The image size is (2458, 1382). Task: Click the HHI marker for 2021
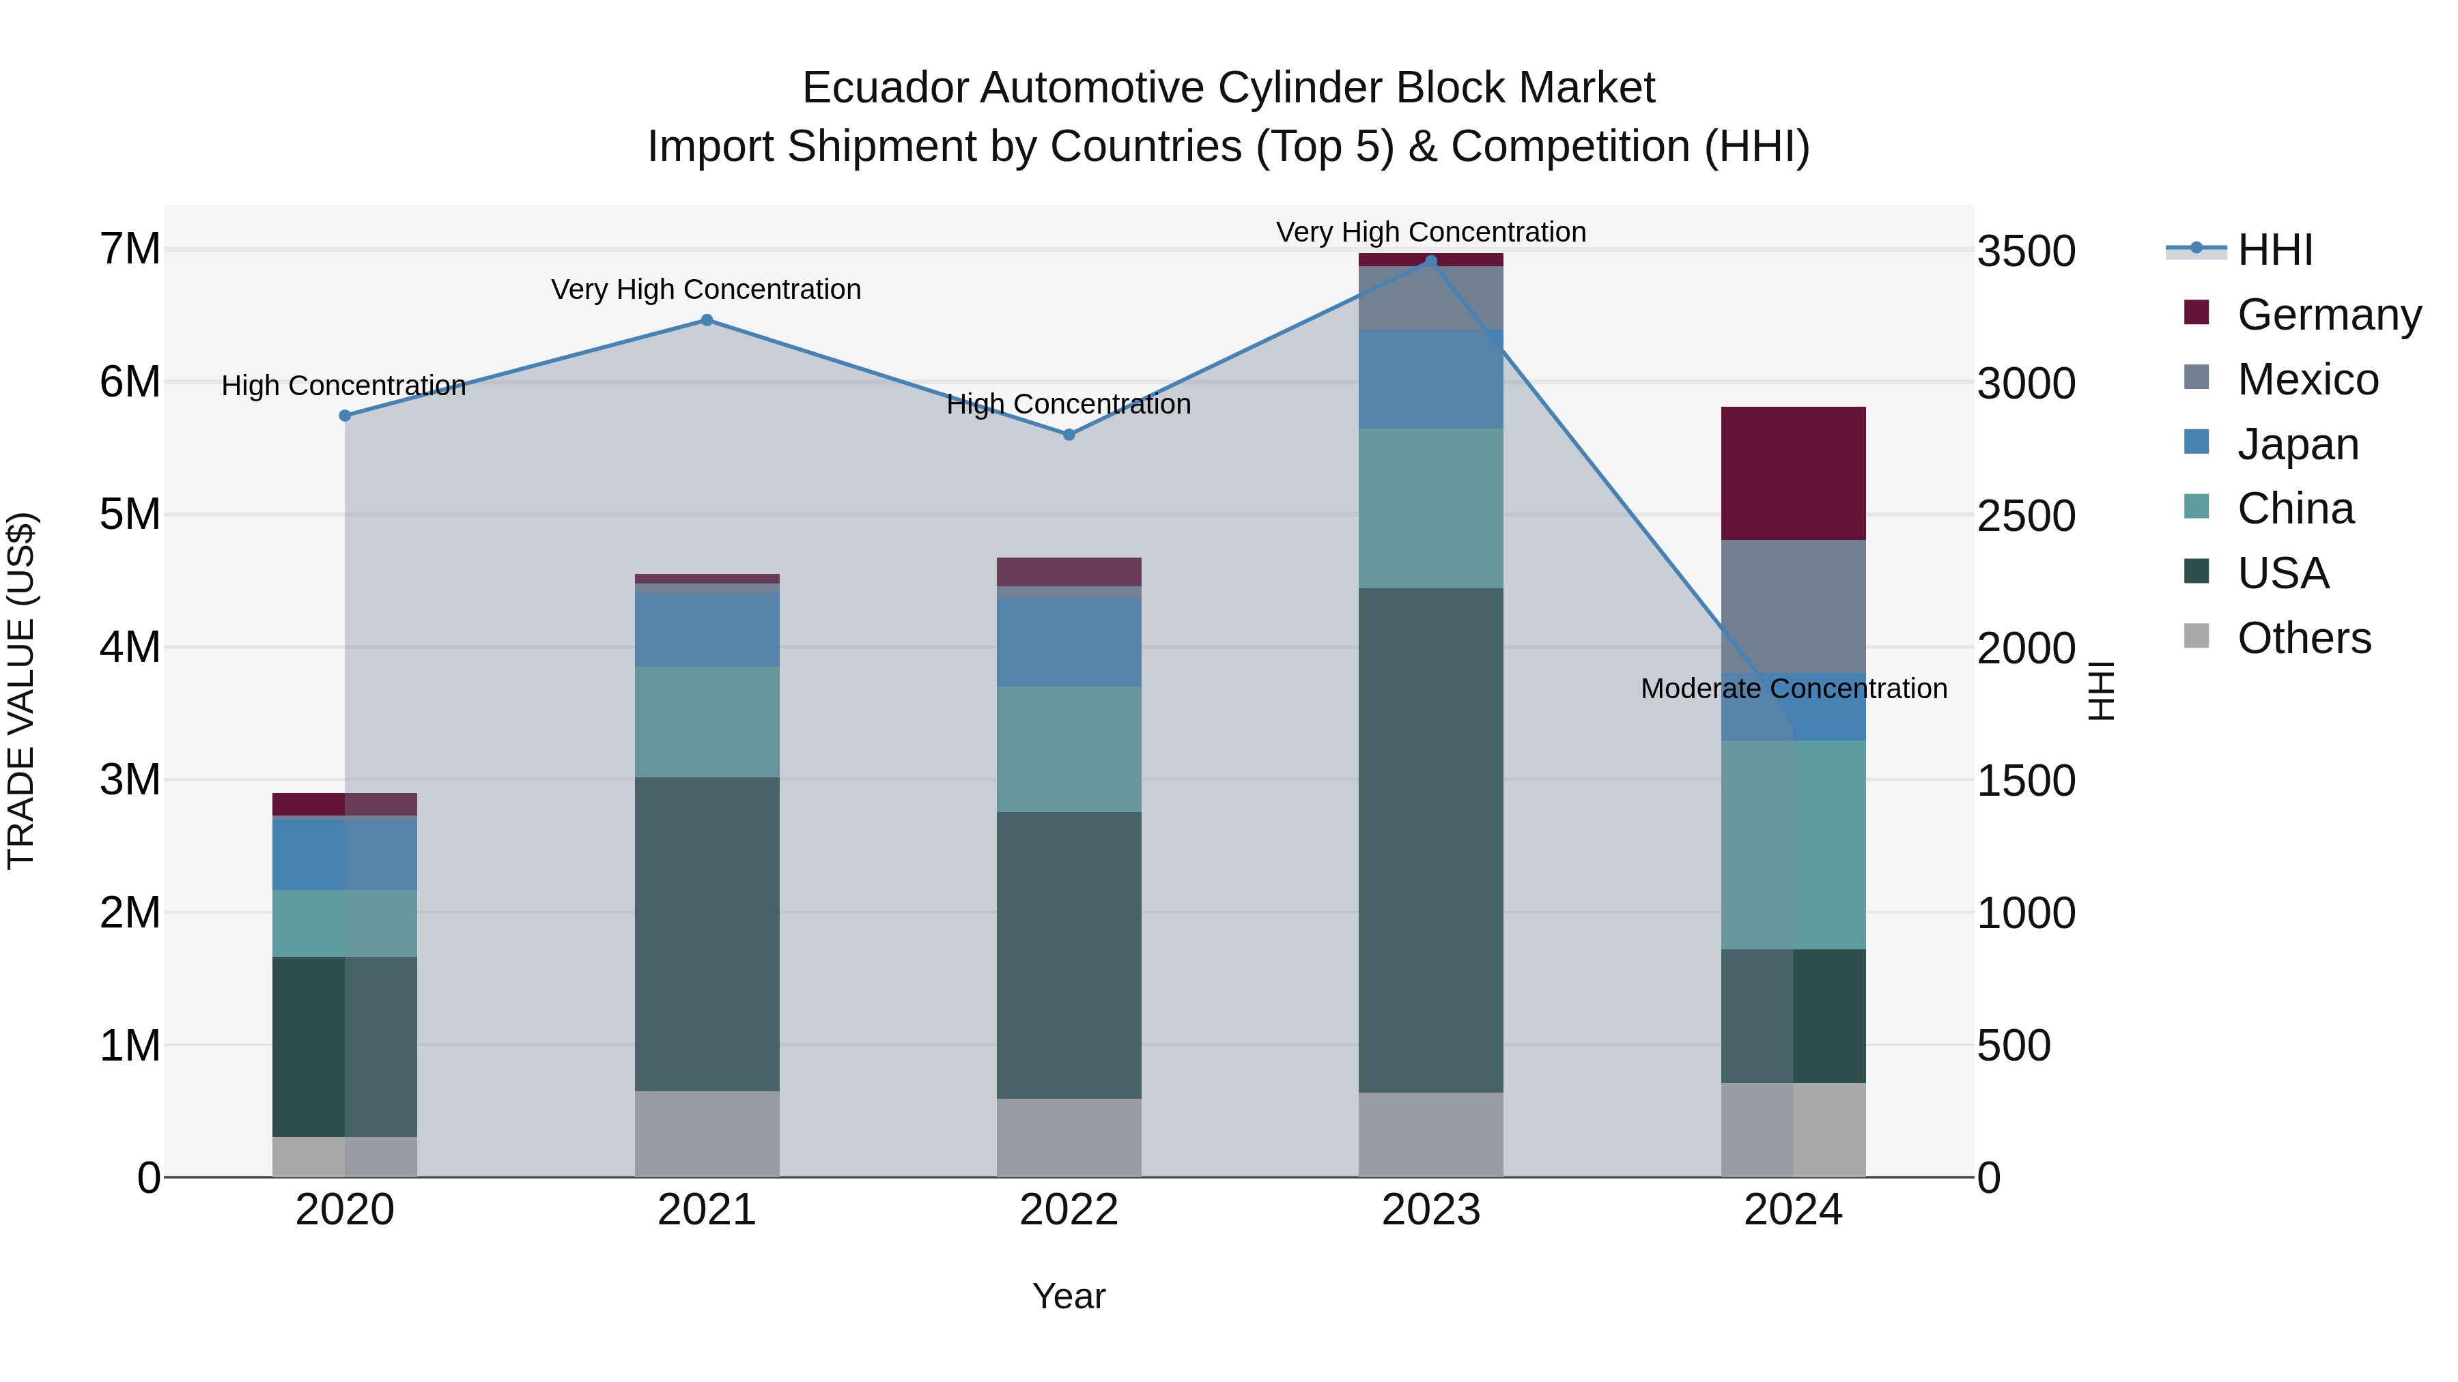tap(707, 321)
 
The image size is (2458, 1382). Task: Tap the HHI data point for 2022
tap(1069, 435)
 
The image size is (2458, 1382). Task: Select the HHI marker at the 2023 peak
tap(1430, 261)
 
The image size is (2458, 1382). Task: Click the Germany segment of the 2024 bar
tap(1793, 473)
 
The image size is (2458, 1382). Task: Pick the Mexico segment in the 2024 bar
tap(1793, 607)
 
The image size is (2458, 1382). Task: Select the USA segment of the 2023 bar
tap(1430, 839)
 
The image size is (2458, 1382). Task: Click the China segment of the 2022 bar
tap(1069, 749)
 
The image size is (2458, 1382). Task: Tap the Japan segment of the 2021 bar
tap(707, 629)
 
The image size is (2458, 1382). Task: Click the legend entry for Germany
tap(2328, 315)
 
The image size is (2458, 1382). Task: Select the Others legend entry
tap(2304, 638)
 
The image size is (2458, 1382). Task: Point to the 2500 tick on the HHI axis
tap(2026, 516)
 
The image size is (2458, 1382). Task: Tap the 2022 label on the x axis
tap(1069, 1210)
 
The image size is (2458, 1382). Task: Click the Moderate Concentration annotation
tap(1793, 689)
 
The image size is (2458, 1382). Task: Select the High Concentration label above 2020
tap(343, 386)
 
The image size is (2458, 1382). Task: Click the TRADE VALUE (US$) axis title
tap(21, 691)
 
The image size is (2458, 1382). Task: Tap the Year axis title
tap(1069, 1296)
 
